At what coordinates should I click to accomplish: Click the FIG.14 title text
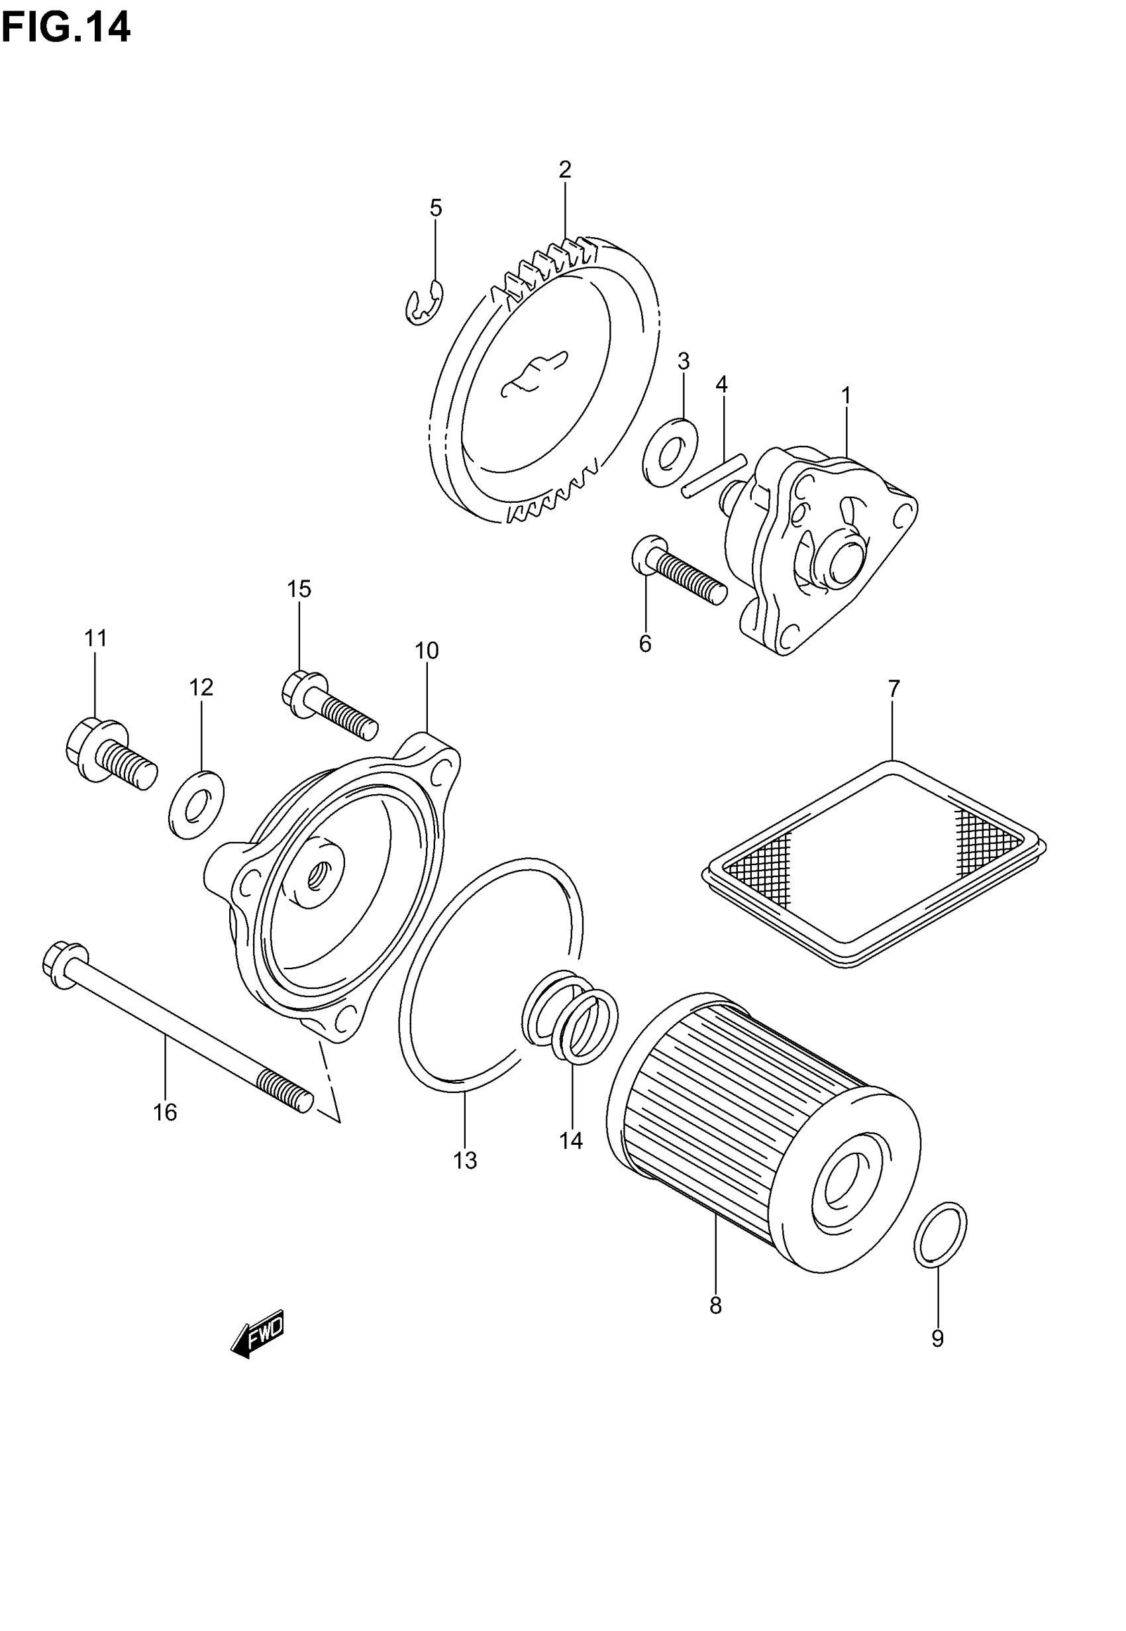pos(66,29)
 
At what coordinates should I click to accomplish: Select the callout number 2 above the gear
pos(564,170)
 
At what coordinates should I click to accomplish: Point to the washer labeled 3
pos(670,452)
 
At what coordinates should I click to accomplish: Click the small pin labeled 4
pos(713,477)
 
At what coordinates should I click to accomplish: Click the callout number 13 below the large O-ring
pos(465,1160)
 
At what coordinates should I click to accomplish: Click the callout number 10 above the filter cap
pos(426,651)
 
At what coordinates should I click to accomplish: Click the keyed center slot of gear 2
pos(534,372)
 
